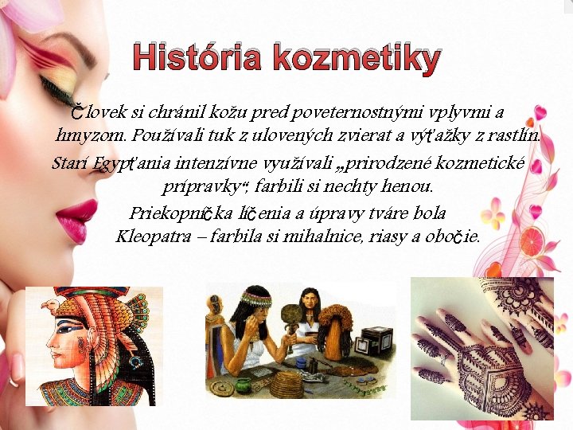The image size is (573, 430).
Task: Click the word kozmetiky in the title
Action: click(x=354, y=59)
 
